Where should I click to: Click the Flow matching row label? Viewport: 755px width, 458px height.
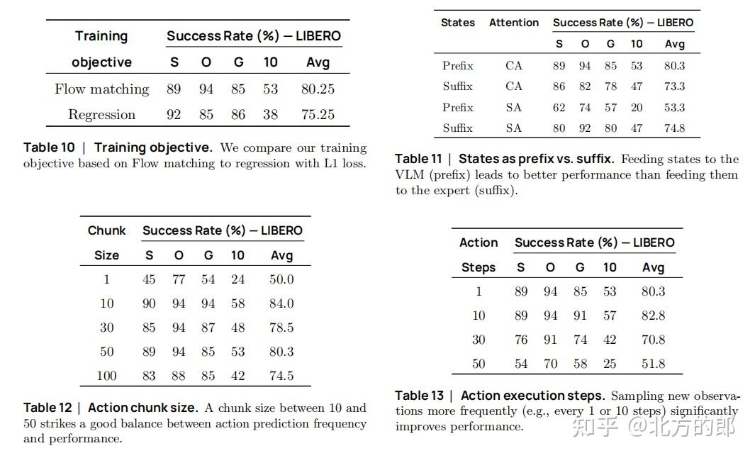pos(101,89)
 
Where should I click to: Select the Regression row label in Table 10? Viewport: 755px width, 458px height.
pos(101,115)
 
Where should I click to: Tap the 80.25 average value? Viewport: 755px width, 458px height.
pos(318,89)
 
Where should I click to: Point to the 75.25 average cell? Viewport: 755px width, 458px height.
pos(318,115)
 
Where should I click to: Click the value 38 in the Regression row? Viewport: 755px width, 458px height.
pos(270,115)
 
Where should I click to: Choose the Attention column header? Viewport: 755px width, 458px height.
pos(514,23)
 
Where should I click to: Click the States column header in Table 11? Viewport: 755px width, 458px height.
pos(457,23)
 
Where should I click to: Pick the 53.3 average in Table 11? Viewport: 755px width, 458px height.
pos(675,107)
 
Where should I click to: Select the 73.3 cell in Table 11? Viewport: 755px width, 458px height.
pos(675,86)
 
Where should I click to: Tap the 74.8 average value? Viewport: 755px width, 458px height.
pos(675,128)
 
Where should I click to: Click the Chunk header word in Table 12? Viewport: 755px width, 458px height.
pos(106,230)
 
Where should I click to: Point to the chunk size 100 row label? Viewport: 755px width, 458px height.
pos(106,376)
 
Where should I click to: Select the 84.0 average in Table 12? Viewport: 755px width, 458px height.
pos(281,303)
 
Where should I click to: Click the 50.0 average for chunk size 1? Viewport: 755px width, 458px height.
pos(281,279)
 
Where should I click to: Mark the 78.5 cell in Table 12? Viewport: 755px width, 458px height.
pos(281,328)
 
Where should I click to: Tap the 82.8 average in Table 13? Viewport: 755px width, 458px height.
pos(654,315)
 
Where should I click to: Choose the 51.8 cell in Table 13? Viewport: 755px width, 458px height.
pos(654,364)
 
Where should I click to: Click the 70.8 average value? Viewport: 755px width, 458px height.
pos(654,340)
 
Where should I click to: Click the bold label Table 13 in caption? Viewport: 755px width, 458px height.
pos(420,396)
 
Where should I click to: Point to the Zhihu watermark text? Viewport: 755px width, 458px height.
pos(654,428)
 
